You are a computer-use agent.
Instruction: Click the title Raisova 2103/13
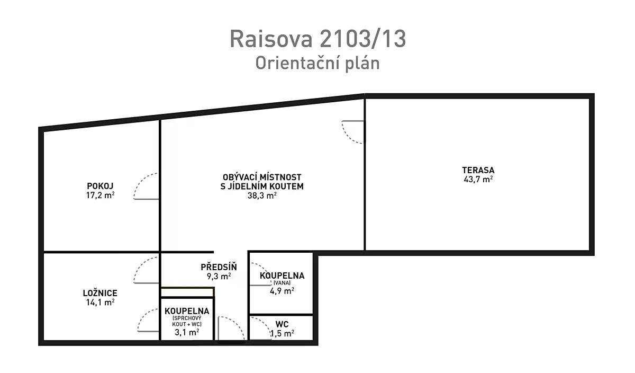pos(318,39)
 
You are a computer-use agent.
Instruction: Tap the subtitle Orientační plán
pos(317,63)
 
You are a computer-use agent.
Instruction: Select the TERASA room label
pos(478,170)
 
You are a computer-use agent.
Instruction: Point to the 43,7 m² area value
pos(478,180)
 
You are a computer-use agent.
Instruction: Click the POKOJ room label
pos(100,186)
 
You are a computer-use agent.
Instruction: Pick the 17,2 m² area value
pos(101,196)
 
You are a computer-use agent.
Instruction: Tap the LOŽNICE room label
pos(100,293)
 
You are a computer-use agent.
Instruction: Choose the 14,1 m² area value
pos(101,303)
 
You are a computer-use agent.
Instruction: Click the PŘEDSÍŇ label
pos(219,267)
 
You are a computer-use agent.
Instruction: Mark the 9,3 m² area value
pos(219,276)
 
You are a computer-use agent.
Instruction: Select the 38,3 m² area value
pos(262,196)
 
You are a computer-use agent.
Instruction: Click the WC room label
pos(282,324)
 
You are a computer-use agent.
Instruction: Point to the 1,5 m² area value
pos(282,333)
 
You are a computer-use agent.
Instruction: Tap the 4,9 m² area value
pos(282,291)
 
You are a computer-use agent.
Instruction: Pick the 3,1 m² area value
pos(187,332)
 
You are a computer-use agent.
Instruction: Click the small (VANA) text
pos(282,283)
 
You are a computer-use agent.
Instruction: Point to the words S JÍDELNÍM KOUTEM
pos(262,186)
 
